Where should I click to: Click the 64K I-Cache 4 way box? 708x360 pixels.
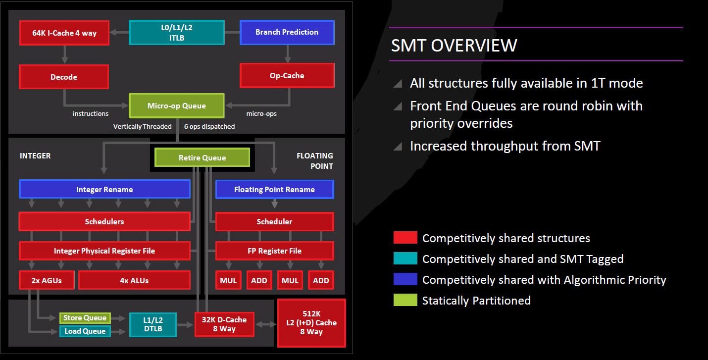[64, 33]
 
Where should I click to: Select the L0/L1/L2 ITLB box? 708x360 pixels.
[177, 33]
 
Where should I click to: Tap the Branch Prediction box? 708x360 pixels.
[287, 32]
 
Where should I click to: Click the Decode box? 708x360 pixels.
[64, 77]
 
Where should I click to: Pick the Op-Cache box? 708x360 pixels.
[287, 76]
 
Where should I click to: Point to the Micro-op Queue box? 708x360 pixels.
[177, 105]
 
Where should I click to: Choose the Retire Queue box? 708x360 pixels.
[202, 157]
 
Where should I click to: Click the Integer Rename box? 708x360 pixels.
[104, 189]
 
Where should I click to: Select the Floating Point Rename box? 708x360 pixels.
[274, 189]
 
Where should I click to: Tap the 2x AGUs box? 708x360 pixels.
[47, 280]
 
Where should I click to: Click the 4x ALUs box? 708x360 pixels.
[134, 280]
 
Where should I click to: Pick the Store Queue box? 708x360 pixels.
[85, 318]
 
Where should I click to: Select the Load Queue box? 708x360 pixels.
[85, 331]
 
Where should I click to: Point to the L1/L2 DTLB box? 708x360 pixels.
[153, 325]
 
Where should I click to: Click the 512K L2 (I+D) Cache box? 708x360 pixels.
[311, 323]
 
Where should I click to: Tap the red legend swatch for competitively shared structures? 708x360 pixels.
[405, 237]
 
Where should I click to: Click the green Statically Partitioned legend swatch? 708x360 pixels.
[405, 300]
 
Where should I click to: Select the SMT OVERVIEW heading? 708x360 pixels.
[454, 45]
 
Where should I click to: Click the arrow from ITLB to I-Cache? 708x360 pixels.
[119, 32]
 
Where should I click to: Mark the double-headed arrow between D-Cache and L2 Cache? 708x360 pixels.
[266, 324]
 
